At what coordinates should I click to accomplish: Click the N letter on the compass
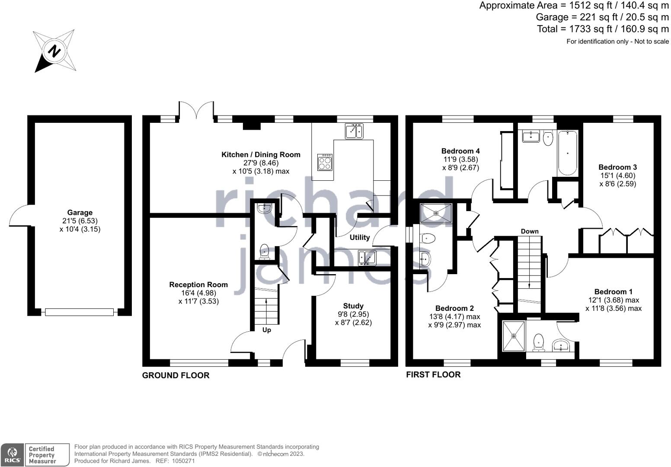coord(54,51)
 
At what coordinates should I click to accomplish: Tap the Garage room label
coord(80,212)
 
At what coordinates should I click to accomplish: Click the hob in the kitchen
coord(325,162)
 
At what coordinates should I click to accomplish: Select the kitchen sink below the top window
coord(354,131)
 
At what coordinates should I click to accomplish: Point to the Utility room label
coord(360,237)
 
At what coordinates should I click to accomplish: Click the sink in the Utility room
coord(367,258)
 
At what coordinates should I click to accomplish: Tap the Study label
coord(353,306)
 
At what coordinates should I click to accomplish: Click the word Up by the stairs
coord(267,330)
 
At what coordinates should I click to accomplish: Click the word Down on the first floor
coord(530,231)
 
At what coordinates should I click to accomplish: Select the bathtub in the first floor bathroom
coord(568,153)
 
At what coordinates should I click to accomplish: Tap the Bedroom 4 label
coord(461,150)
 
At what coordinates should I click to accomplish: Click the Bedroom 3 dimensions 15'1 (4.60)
coord(618,176)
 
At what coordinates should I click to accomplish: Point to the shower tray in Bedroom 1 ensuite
coord(514,336)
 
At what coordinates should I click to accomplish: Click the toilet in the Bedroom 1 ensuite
coord(539,343)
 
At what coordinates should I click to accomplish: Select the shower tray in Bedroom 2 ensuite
coord(436,213)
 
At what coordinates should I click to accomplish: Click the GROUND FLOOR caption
coord(176,375)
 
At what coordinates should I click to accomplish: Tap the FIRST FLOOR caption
coord(433,374)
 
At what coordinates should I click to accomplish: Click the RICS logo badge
coord(12,455)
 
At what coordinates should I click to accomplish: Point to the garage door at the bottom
coord(80,312)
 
